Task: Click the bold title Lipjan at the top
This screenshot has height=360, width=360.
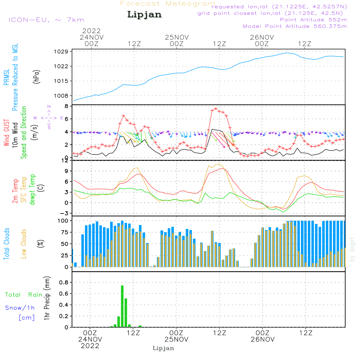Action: point(144,15)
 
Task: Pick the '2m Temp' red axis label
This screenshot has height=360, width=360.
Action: point(15,190)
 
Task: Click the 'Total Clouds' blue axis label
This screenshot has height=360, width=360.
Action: point(6,244)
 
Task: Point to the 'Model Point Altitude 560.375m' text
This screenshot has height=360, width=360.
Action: point(295,26)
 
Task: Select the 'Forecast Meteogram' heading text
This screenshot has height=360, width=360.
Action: point(168,4)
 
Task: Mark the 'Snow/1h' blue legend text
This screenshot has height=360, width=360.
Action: point(20,308)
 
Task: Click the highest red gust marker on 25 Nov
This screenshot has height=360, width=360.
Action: point(216,108)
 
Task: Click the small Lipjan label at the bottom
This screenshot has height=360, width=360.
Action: point(163,348)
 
